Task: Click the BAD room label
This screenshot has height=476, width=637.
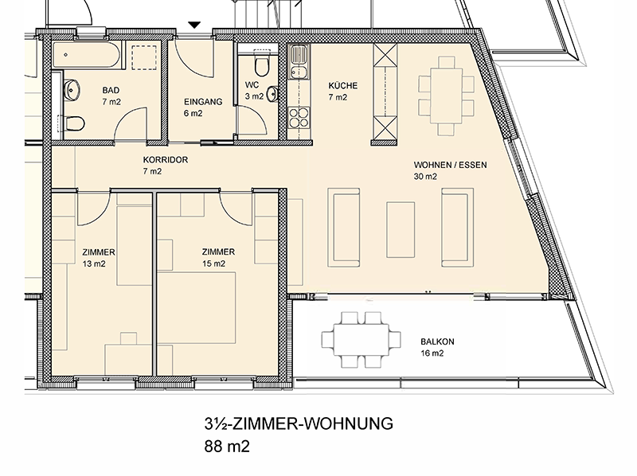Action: click(111, 90)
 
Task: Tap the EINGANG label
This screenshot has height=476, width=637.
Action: click(203, 102)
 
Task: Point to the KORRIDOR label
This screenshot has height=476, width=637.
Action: click(166, 160)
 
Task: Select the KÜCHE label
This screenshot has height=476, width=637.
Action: click(343, 85)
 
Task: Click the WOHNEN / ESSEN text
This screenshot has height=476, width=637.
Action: click(450, 165)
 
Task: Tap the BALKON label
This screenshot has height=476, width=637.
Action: click(437, 341)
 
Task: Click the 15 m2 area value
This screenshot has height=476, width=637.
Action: click(213, 263)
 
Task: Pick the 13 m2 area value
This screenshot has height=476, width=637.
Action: click(94, 264)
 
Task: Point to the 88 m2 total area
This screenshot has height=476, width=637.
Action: click(227, 447)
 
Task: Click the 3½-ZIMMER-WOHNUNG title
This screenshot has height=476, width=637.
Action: click(299, 423)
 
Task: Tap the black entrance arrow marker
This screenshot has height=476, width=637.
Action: click(194, 25)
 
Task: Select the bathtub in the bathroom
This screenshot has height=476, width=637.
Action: click(87, 55)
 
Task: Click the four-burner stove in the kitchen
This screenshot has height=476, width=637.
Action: click(299, 117)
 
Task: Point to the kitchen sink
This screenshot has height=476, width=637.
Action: click(299, 62)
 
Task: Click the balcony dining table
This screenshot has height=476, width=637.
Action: click(361, 340)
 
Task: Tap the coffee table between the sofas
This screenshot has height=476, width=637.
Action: click(401, 230)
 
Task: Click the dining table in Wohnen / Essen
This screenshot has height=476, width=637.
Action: click(447, 96)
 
